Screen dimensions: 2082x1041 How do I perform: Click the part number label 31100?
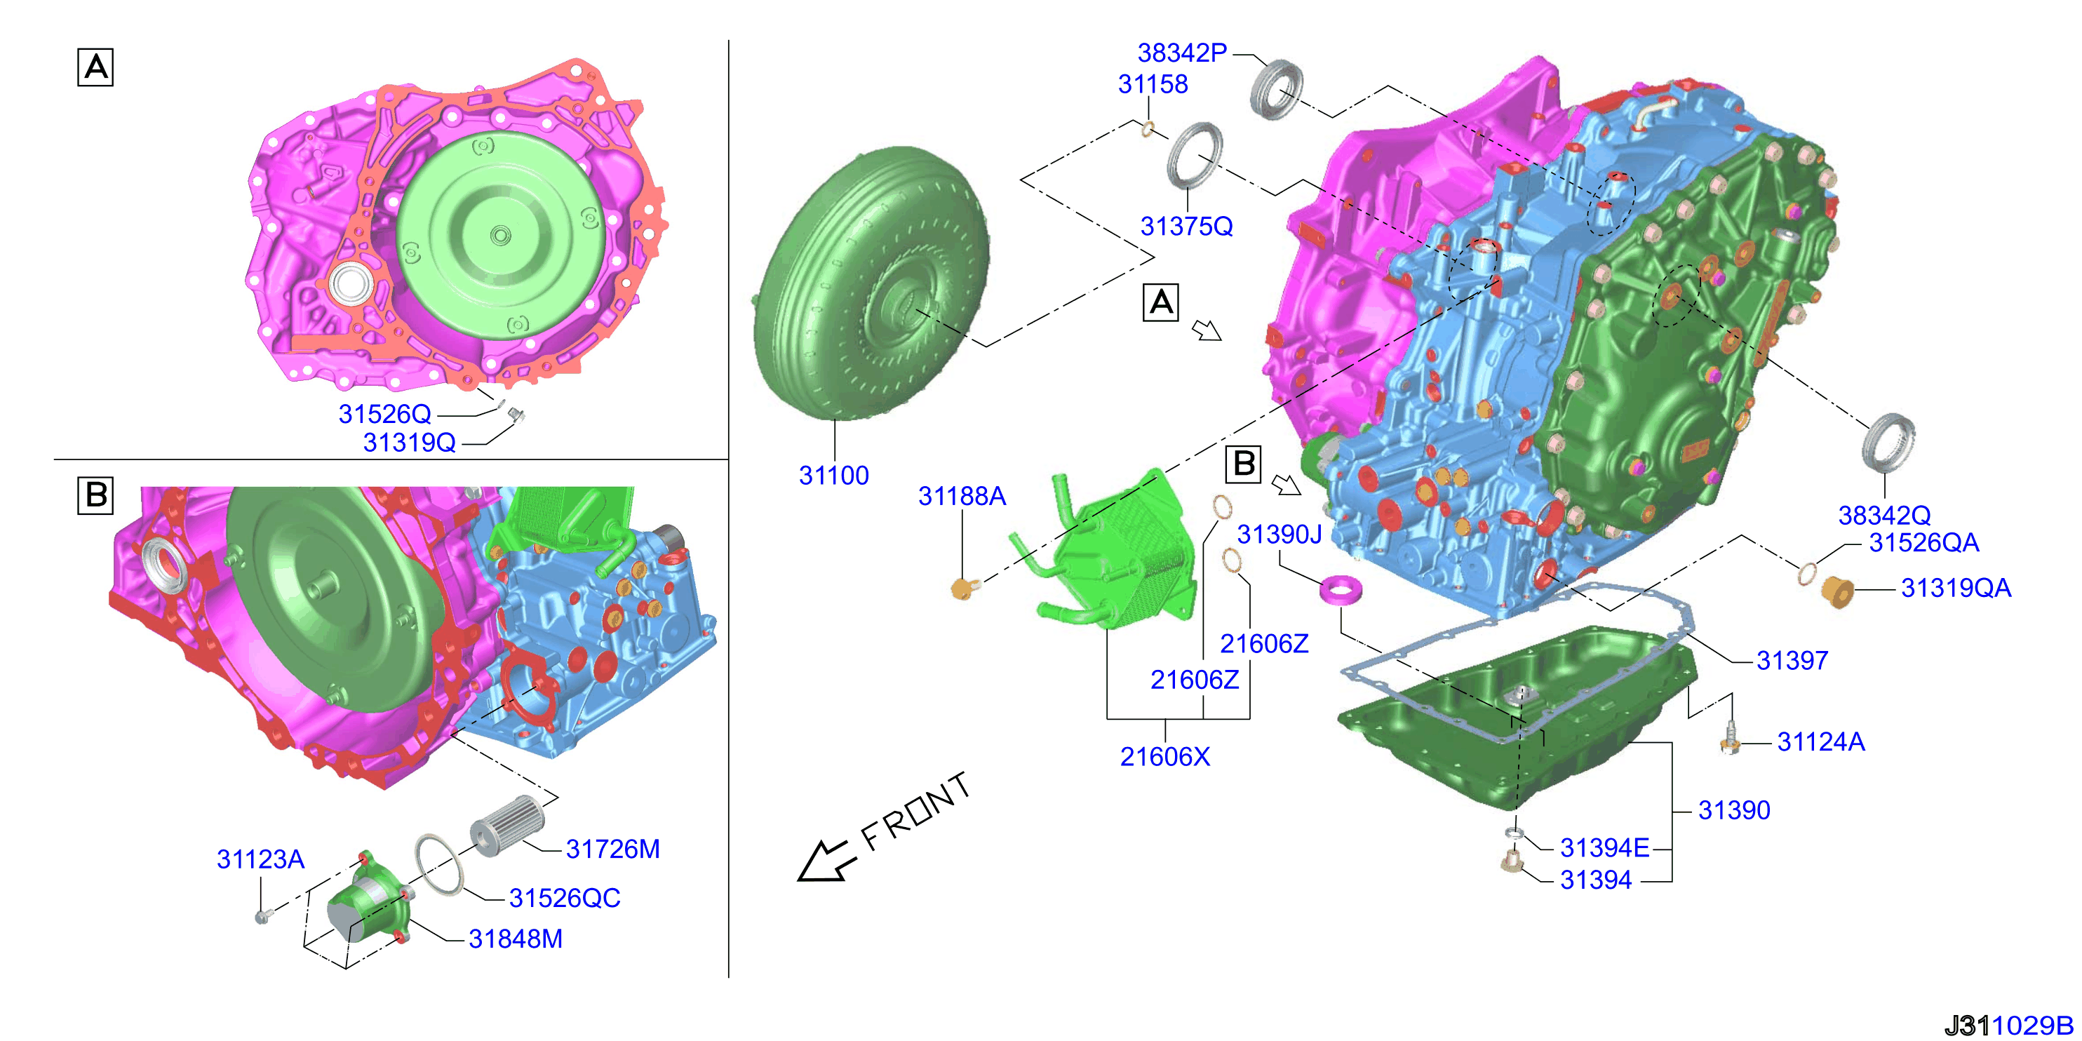pos(833,475)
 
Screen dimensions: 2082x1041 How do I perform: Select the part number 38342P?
pos(1181,53)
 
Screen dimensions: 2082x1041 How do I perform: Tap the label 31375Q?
pos(1186,227)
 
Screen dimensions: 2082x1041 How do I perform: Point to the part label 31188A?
pos(962,496)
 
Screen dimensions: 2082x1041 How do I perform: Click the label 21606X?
pos(1164,756)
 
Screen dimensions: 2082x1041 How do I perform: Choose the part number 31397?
pos(1792,660)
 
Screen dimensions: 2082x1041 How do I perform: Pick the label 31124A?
pos(1820,741)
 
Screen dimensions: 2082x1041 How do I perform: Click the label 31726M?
pos(612,849)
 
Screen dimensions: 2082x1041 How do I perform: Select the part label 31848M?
pos(516,939)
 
